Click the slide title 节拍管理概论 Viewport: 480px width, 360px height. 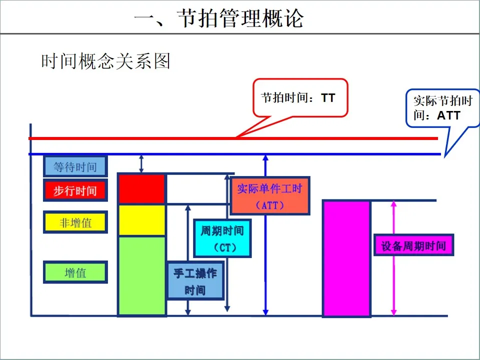tap(219, 19)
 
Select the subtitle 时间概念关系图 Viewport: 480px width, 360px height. tap(105, 61)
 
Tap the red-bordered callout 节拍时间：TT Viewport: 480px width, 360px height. tap(299, 97)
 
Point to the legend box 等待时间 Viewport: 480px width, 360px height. tap(75, 166)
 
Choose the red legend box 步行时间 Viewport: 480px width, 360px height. tap(75, 191)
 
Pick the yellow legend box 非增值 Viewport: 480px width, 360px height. tap(75, 222)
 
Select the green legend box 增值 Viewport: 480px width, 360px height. tap(75, 272)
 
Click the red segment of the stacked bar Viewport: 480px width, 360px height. tap(141, 189)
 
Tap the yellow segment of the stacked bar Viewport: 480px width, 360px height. tap(141, 220)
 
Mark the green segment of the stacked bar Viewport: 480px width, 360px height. tap(141, 275)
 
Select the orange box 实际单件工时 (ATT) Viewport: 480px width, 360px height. tap(270, 195)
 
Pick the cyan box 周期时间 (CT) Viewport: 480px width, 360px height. tap(222, 238)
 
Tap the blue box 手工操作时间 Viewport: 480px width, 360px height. tap(195, 281)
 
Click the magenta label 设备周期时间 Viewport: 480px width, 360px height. tap(413, 245)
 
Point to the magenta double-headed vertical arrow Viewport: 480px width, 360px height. tap(394, 280)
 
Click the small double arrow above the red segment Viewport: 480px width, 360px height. tap(141, 164)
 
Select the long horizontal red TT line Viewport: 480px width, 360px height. tap(150, 138)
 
